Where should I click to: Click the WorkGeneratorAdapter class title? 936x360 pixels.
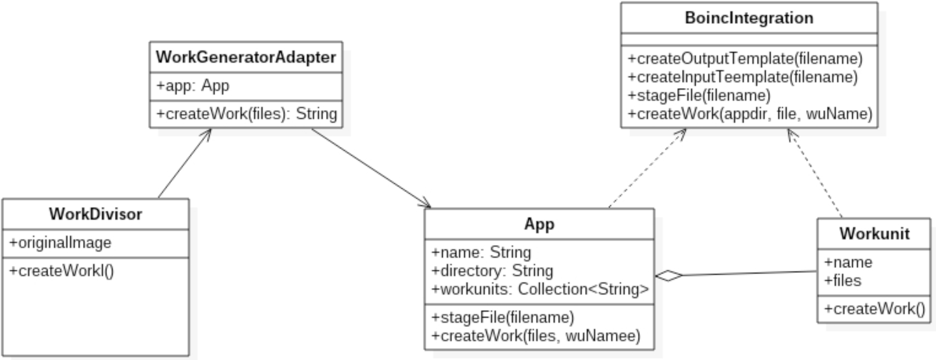[246, 57]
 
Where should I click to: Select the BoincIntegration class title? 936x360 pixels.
[749, 18]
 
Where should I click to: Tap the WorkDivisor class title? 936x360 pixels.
[95, 214]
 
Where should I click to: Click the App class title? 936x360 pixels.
[539, 224]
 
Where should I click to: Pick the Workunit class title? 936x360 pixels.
[874, 234]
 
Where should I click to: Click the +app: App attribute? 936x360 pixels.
[193, 86]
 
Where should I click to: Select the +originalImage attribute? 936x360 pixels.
[60, 243]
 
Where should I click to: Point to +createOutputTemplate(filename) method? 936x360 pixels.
[745, 59]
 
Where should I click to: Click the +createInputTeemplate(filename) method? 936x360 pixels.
[743, 77]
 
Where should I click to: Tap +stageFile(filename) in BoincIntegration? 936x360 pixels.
[699, 96]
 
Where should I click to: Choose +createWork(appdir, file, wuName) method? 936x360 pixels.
[750, 114]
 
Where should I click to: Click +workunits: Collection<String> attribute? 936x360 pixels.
[540, 289]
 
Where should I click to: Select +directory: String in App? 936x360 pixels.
[492, 271]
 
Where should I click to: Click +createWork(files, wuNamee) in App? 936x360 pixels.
[536, 335]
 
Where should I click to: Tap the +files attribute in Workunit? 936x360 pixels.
[842, 281]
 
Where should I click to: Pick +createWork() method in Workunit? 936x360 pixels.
[874, 309]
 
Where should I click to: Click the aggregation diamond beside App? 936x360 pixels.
[669, 276]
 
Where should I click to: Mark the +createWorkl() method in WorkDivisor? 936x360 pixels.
[61, 271]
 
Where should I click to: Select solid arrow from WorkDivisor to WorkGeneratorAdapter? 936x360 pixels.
[184, 163]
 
